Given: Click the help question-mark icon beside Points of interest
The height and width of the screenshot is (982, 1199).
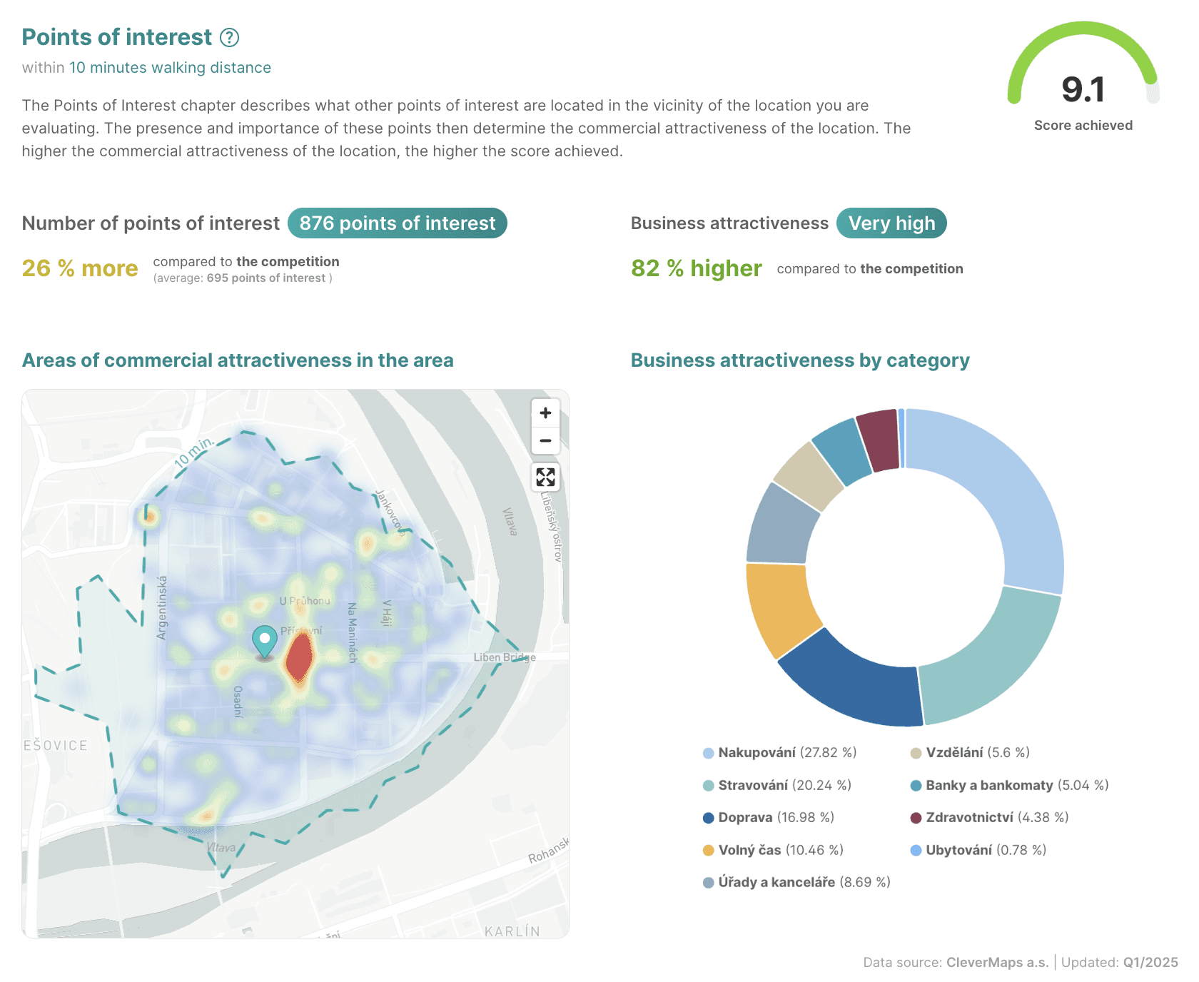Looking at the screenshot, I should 229,37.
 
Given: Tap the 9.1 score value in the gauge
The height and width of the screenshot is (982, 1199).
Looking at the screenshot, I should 1083,90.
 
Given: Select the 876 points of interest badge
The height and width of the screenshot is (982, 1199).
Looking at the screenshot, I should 397,223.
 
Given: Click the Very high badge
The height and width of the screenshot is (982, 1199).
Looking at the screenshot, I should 891,223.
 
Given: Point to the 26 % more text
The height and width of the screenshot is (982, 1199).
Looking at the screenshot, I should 80,268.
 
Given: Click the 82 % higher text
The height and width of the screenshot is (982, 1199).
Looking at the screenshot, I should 696,268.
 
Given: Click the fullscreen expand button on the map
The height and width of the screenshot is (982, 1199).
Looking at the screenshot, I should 545,477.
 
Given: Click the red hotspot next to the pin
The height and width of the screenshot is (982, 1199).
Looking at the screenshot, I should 299,657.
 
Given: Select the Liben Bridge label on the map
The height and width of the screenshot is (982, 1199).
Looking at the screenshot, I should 504,657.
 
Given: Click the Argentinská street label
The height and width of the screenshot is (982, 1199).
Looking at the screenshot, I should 162,607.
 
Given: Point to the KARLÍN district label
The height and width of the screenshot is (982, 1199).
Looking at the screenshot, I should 512,931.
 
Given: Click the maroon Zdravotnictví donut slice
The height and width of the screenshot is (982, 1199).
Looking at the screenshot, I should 878,440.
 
